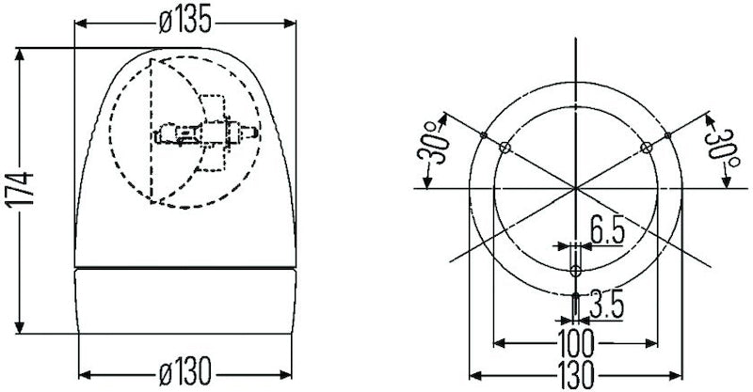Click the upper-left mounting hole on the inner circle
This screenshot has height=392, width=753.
pyautogui.click(x=505, y=148)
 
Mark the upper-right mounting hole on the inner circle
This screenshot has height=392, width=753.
pyautogui.click(x=646, y=148)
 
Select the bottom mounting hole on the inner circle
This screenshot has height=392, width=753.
pyautogui.click(x=575, y=271)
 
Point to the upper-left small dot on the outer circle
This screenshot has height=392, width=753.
pyautogui.click(x=483, y=135)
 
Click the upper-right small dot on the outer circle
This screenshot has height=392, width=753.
pyautogui.click(x=667, y=135)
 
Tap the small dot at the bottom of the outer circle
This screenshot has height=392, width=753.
pyautogui.click(x=575, y=294)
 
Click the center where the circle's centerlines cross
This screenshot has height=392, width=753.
pyautogui.click(x=575, y=189)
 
